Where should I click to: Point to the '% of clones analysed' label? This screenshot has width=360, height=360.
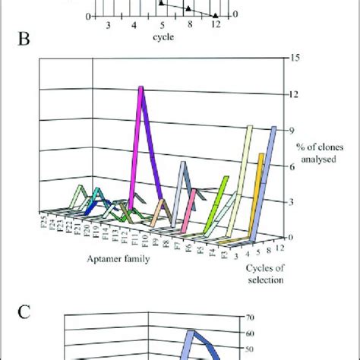[x=312, y=155]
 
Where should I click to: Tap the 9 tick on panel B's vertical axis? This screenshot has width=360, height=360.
[x=299, y=129]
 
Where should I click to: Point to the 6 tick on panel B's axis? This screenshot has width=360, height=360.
[x=299, y=165]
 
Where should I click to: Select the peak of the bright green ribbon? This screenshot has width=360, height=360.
[x=226, y=178]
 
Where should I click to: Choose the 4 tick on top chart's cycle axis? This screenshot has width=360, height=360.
[x=134, y=25]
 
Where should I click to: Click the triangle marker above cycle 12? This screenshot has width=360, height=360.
[x=215, y=14]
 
